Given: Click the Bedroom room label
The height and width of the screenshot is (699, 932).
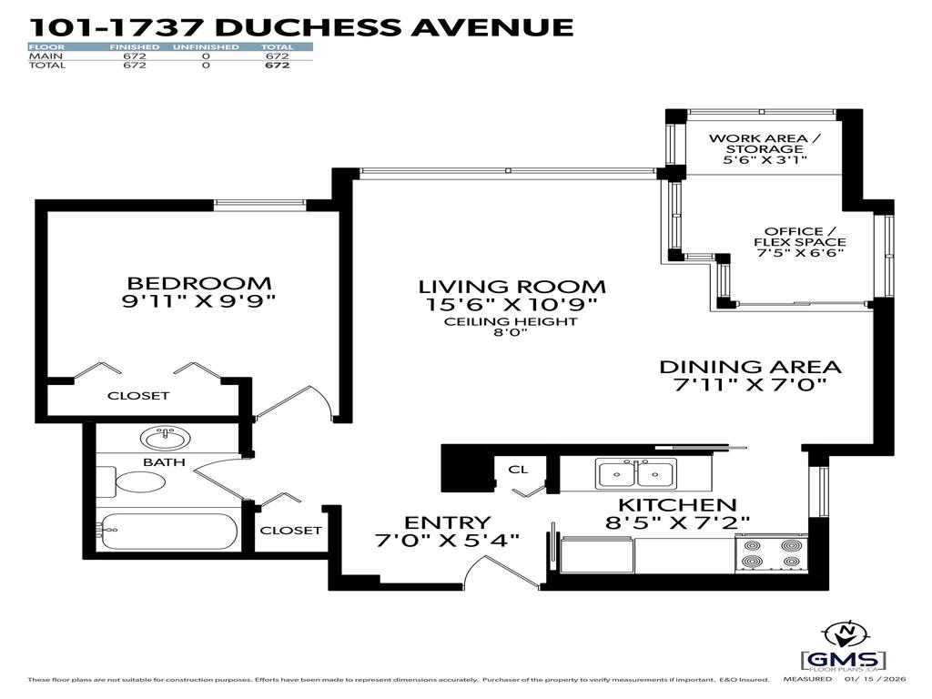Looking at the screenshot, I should click(198, 283).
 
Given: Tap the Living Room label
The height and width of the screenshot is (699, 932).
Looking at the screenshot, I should click(512, 287).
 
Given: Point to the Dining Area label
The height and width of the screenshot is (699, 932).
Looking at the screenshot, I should click(750, 367).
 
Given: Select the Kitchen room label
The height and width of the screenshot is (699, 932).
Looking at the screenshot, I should click(677, 505).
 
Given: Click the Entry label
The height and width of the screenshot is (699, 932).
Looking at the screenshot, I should click(448, 522).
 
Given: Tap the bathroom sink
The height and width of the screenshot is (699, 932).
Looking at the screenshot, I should click(165, 439).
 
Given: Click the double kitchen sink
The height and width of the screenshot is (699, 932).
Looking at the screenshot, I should click(635, 474).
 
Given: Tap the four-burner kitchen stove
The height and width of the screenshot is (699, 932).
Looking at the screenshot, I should click(768, 553).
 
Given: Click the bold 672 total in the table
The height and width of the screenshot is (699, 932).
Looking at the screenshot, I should click(277, 66).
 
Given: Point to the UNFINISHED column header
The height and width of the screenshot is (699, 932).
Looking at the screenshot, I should click(206, 46).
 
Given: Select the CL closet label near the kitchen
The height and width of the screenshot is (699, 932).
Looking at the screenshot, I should click(518, 470).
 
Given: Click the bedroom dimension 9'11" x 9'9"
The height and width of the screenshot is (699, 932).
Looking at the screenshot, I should click(198, 300).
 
